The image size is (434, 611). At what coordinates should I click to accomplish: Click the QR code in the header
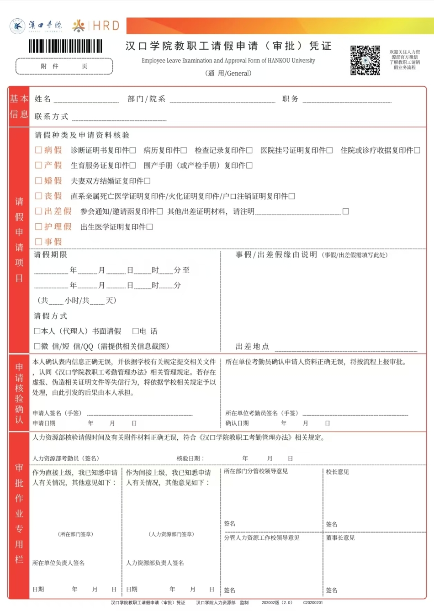(365, 60)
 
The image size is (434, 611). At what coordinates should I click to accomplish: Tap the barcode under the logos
(65, 46)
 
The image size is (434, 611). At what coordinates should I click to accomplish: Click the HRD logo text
(106, 26)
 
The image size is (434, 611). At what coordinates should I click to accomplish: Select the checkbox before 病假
(38, 150)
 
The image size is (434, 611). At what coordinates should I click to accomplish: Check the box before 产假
(38, 165)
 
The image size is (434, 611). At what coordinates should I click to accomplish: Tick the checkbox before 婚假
(38, 180)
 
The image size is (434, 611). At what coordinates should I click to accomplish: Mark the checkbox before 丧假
(38, 195)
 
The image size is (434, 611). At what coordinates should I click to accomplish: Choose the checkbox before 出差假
(38, 211)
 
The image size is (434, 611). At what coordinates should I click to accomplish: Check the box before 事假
(38, 242)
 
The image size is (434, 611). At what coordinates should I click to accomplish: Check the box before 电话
(136, 331)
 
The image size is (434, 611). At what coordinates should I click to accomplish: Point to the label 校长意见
(338, 472)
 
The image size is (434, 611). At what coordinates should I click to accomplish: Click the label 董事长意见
(340, 538)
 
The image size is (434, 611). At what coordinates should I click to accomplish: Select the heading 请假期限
(51, 255)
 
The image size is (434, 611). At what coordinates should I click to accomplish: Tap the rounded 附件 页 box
(64, 66)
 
